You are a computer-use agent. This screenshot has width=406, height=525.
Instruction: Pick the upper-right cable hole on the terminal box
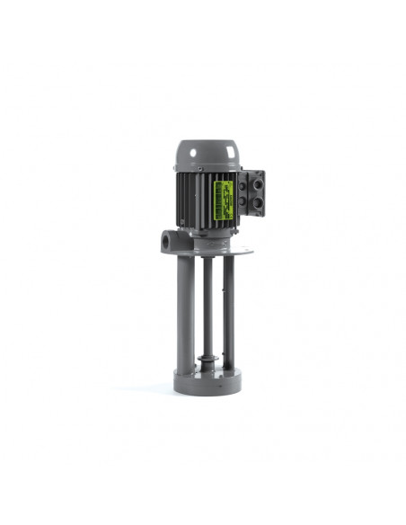(x=260, y=184)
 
